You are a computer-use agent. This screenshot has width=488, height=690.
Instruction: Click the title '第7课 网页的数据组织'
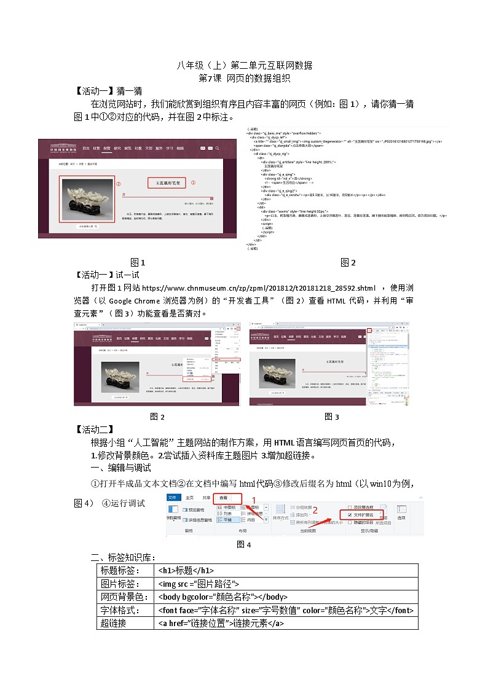244,79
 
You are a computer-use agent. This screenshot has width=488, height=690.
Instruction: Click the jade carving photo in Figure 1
87,198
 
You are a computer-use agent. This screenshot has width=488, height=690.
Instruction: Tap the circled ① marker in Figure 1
193,182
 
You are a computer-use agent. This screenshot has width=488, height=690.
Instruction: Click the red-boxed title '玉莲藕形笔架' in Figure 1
166,183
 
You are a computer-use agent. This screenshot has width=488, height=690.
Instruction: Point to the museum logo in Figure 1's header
60,149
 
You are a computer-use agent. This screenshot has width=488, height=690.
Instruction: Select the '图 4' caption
244,544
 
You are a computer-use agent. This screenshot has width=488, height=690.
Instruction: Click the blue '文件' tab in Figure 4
173,498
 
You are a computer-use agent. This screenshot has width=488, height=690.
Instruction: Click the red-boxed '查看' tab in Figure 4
224,498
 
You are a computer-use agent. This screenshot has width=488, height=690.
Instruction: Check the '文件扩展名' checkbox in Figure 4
349,514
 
